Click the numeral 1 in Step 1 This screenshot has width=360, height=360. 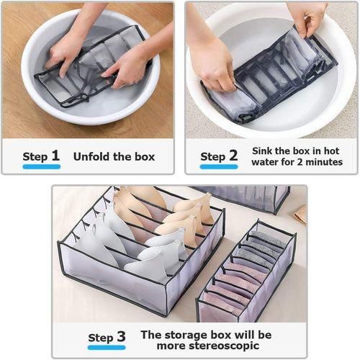coord(55,156)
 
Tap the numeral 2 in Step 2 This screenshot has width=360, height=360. coord(233,156)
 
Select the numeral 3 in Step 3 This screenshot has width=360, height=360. coord(121,336)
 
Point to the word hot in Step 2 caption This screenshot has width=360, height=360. coord(331,151)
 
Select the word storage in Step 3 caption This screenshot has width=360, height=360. coord(186,336)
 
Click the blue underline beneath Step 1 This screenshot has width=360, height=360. coord(42,166)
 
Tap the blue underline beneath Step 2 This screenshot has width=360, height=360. coord(219,166)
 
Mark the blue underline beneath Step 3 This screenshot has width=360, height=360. coord(107,347)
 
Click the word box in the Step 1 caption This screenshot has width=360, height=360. coord(145,157)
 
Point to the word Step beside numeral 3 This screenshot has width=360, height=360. coord(101,338)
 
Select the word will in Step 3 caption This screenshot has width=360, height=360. coord(245,335)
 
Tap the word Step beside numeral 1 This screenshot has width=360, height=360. coord(35,157)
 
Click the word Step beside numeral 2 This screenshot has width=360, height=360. coord(213,157)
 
